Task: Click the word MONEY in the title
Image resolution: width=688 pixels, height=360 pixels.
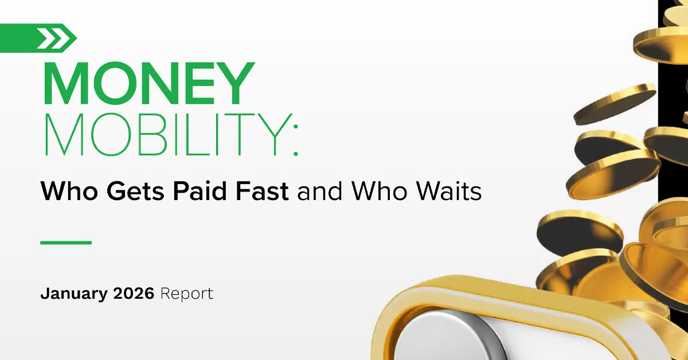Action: (148, 84)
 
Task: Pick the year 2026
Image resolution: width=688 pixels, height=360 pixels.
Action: (133, 294)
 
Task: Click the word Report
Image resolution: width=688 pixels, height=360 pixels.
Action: (187, 295)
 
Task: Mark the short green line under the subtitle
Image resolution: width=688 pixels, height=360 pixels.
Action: (66, 242)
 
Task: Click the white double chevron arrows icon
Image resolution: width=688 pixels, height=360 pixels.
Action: (56, 38)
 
